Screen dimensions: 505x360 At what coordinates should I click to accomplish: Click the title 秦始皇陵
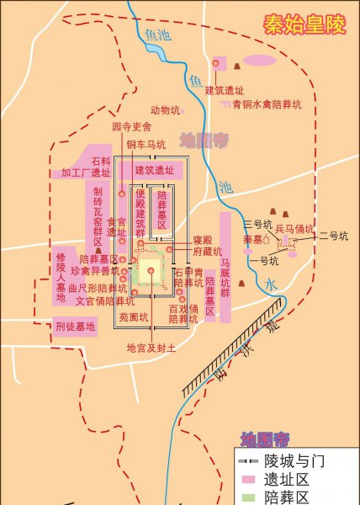coord(305,24)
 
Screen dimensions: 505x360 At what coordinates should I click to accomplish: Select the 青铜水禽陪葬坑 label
coord(267,104)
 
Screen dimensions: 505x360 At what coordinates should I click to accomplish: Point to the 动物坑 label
coord(165,109)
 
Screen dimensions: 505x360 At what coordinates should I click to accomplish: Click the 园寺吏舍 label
coord(131,126)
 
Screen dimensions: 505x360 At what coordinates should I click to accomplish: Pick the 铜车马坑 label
coord(146,145)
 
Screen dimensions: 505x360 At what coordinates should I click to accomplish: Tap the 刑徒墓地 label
coord(75,326)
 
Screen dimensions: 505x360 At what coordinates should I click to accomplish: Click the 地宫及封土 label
coord(151,348)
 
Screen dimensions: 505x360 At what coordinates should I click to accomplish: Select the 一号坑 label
coord(265,261)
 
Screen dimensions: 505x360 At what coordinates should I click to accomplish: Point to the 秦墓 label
coord(252,240)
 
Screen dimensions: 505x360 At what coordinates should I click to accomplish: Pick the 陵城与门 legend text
coord(294,461)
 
